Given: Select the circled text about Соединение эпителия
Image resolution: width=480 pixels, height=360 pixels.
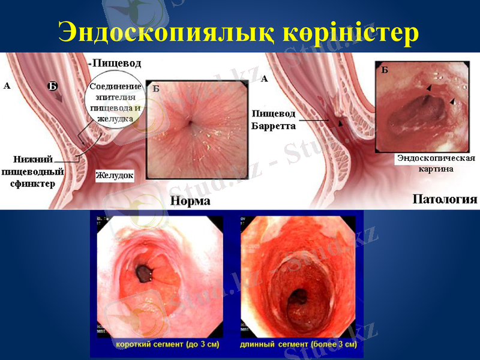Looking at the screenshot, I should point(115,102).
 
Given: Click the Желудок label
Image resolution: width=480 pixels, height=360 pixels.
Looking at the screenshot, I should point(114,176).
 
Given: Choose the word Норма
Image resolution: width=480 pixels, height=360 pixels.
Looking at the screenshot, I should point(190,201).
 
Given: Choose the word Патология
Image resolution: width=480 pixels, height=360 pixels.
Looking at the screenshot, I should point(445,199).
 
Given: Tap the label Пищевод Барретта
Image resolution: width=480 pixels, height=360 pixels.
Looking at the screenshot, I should point(274,119).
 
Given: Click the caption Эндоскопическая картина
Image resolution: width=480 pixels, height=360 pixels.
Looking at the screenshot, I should point(435,163).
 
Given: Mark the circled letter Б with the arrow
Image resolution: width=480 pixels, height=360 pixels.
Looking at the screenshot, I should point(53,86).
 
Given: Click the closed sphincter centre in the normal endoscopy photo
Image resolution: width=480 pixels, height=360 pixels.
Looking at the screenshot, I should point(190,123).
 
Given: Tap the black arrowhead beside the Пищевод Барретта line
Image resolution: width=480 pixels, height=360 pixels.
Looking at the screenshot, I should point(341,123).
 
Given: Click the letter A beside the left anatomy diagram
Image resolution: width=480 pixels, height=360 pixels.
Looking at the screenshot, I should point(7,86).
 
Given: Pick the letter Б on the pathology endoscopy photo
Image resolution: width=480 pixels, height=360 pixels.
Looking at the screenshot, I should point(385,70).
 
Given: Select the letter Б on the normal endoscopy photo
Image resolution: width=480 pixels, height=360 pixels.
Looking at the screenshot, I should point(155,89).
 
